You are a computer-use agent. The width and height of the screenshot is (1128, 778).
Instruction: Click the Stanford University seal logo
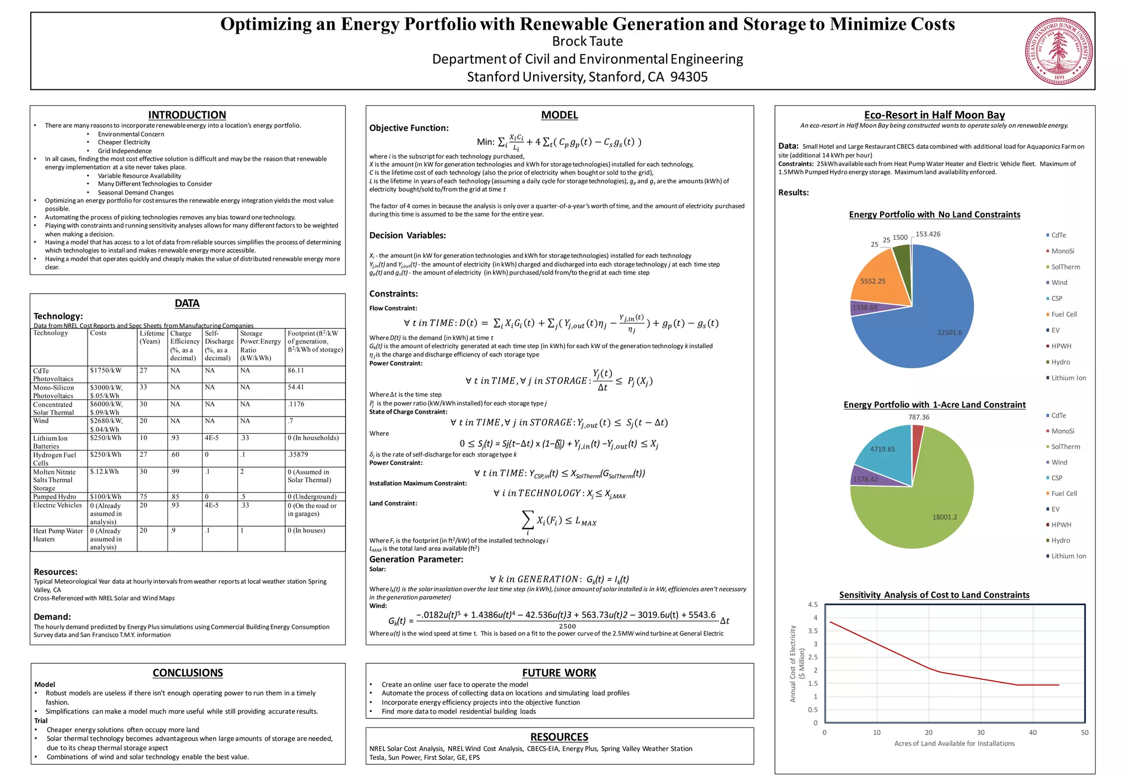1059,51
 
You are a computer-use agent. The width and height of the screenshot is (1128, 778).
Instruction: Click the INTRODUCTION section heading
187,115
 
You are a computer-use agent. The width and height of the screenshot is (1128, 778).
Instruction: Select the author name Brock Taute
587,41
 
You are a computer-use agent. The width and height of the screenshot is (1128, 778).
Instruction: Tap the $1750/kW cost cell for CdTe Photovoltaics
106,371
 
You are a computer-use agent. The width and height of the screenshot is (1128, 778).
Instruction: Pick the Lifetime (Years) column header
152,337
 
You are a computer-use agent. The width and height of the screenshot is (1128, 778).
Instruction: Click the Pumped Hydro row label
55,497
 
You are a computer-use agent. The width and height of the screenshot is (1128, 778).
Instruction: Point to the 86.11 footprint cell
296,371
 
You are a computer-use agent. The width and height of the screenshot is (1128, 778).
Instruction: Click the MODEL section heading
559,115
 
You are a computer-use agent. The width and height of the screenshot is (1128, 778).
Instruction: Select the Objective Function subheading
409,128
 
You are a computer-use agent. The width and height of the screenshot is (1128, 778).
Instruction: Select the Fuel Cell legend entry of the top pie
1063,315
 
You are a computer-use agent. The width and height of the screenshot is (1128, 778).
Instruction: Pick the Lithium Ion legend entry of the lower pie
1068,557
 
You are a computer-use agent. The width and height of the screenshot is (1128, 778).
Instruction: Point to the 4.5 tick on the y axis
812,605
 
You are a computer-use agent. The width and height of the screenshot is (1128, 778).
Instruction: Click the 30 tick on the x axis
980,733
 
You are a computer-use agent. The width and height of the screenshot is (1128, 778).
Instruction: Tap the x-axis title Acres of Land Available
954,744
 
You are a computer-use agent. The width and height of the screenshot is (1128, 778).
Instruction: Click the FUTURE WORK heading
559,673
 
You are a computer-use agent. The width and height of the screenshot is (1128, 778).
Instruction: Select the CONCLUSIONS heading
188,673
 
